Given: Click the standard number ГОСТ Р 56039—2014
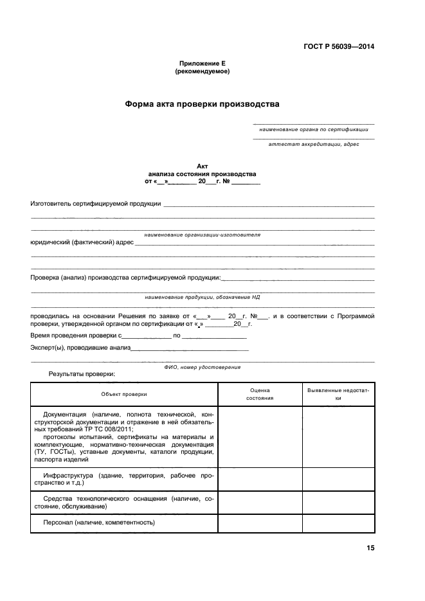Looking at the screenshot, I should tap(339, 46).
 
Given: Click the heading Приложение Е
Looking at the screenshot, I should tap(202, 64).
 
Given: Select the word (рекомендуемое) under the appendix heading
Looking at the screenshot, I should tap(202, 71).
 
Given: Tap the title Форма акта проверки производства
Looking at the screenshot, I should tap(202, 104).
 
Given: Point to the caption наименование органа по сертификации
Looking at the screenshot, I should tap(314, 129).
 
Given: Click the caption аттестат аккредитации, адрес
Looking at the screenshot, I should tap(314, 144).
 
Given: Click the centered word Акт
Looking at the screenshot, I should tap(202, 166).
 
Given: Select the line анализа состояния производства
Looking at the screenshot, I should tap(202, 174).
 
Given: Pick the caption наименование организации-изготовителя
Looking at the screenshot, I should tap(202, 235).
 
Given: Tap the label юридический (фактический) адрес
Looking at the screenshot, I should tap(82, 243).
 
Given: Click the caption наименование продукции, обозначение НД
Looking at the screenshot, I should tap(202, 298).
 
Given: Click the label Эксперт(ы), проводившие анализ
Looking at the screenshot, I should tap(80, 348).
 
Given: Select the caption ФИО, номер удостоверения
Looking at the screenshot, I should tap(202, 367).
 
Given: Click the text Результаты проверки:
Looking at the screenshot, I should tap(82, 373).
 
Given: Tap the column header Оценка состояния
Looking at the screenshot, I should tap(260, 394).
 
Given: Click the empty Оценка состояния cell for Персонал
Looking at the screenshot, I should tap(260, 523).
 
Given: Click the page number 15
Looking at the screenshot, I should tap(370, 548).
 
